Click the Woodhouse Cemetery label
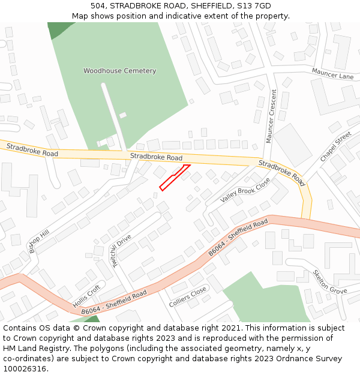click(x=119, y=71)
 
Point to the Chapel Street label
click(x=335, y=147)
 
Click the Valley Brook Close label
click(x=245, y=190)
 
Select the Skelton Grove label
click(x=329, y=282)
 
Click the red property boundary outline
click(x=175, y=177)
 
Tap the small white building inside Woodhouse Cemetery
click(x=123, y=115)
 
